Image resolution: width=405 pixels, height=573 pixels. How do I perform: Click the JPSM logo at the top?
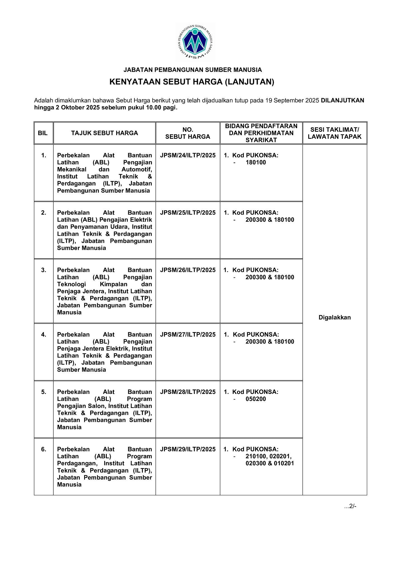coord(195,42)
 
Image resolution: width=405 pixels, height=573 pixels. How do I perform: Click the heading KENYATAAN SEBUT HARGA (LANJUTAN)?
coord(192,82)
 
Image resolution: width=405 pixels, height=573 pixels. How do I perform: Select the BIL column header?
coord(43,133)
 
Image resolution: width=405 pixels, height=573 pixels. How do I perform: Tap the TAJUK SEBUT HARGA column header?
coord(105,133)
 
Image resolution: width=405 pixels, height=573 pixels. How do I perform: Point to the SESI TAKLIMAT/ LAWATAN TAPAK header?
coord(335,133)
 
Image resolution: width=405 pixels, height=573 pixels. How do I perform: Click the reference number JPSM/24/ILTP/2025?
coord(188,155)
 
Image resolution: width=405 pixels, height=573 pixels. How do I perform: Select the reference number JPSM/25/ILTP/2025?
coord(188,213)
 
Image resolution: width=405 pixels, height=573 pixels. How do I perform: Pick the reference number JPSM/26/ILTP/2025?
coord(188,270)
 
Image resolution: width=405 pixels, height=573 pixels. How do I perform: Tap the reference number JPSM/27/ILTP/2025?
coord(188,334)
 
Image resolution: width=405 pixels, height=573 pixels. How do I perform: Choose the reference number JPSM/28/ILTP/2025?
coord(188,392)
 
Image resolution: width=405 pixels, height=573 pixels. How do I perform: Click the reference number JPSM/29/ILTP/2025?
coord(188,449)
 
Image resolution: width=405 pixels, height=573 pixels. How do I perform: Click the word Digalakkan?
coord(335,317)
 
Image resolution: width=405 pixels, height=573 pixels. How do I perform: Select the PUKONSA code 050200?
coord(256,399)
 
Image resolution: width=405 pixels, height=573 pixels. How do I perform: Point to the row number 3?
coord(44,270)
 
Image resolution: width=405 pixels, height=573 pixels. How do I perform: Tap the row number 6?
coord(44,449)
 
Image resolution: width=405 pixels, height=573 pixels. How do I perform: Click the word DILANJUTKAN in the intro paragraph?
coord(342,100)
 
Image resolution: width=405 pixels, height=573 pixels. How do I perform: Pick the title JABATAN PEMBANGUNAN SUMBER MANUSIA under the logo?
coord(193,70)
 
